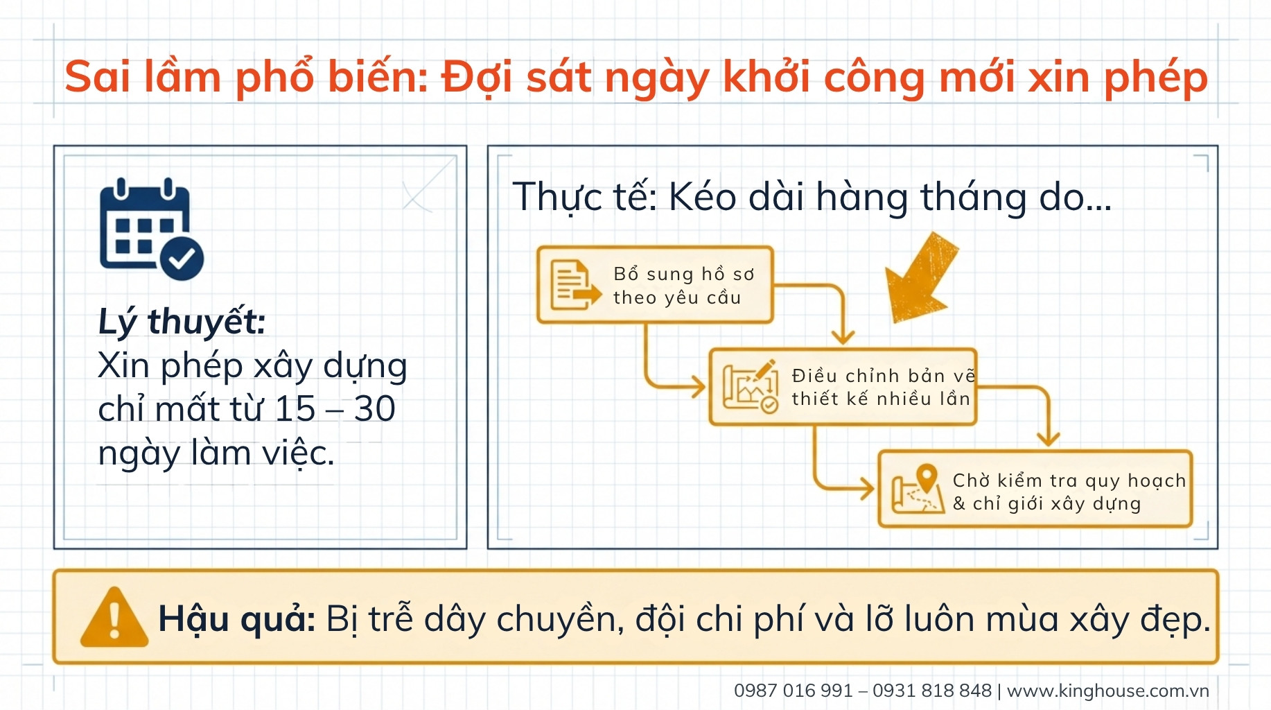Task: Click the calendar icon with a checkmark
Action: click(151, 228)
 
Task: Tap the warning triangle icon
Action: click(114, 618)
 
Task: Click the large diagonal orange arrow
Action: click(922, 278)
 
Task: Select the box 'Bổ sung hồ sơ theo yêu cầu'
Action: click(655, 285)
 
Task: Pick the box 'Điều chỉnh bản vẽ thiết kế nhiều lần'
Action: click(843, 387)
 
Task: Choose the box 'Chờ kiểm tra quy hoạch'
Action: click(1035, 489)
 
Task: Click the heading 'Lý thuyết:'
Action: click(182, 322)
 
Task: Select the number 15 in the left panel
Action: click(295, 408)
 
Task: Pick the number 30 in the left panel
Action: click(374, 408)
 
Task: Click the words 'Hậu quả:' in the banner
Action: click(236, 618)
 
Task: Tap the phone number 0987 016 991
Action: click(793, 691)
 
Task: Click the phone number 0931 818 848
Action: click(932, 691)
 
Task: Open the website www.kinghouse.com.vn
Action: click(1107, 691)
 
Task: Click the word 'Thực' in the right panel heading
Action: click(558, 198)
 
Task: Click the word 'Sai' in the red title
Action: click(97, 76)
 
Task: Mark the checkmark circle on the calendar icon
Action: click(182, 259)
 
